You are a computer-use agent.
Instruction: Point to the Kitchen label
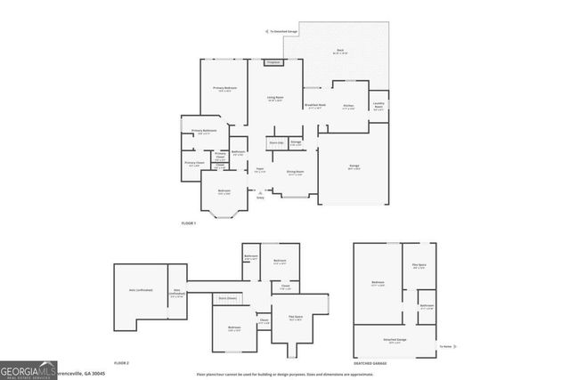[x=348, y=106]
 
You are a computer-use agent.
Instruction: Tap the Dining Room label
[x=295, y=172]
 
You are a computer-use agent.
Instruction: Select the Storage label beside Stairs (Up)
[x=296, y=141]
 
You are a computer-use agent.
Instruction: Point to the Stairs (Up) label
[x=276, y=141]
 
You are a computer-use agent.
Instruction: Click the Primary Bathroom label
[x=204, y=131]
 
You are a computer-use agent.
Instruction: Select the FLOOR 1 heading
[x=188, y=222]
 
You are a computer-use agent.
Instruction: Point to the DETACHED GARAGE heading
[x=369, y=363]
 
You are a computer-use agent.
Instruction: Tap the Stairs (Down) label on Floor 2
[x=228, y=298]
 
